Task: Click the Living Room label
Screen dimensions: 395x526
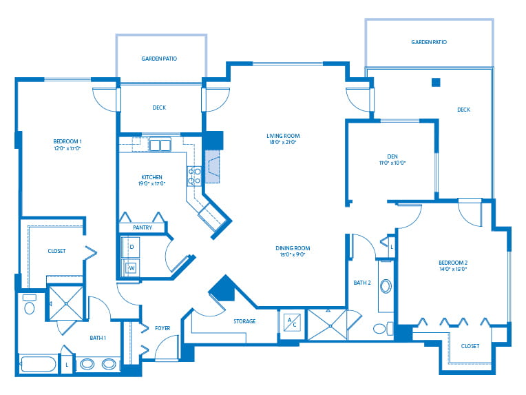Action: pos(283,136)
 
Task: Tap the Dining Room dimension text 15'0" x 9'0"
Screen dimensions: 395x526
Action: pos(293,255)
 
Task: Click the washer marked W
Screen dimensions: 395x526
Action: pos(131,267)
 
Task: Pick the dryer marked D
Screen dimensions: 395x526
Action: pos(131,247)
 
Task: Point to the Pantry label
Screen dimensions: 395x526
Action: pos(143,227)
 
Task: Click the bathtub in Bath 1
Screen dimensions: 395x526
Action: pos(39,363)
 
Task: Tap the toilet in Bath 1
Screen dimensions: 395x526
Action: pos(30,305)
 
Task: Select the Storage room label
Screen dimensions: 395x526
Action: pos(244,321)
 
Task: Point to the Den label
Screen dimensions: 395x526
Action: pos(393,156)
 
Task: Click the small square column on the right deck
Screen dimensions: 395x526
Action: pos(435,83)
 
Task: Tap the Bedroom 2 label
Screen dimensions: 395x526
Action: pos(453,263)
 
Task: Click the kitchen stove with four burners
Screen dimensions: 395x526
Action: pos(194,176)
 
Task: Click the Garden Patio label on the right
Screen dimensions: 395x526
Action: pos(429,42)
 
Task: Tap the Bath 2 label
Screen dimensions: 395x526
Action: pos(362,283)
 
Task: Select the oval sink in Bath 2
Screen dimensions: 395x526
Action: pos(385,286)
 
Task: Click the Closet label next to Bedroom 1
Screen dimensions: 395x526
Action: pos(56,251)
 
